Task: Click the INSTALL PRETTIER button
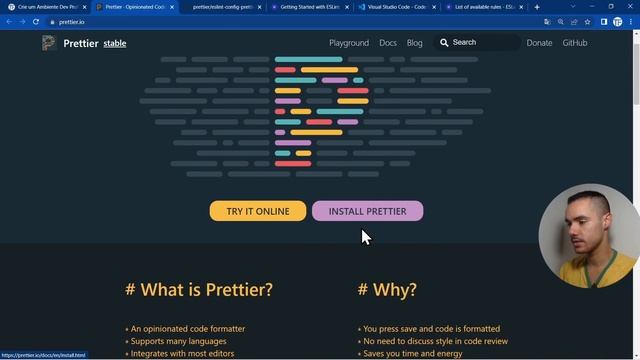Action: (367, 211)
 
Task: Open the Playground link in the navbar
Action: (349, 43)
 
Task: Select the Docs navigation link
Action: (388, 43)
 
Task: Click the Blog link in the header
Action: (415, 43)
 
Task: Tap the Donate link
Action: (539, 43)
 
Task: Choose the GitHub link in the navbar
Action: (575, 43)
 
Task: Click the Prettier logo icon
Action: (49, 43)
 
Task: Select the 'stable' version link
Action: (115, 44)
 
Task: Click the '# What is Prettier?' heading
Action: (199, 290)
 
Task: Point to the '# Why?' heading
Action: (387, 290)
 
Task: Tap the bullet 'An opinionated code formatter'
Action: (188, 328)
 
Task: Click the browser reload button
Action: (36, 21)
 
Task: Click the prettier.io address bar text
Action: (72, 21)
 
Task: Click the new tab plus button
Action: (537, 7)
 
